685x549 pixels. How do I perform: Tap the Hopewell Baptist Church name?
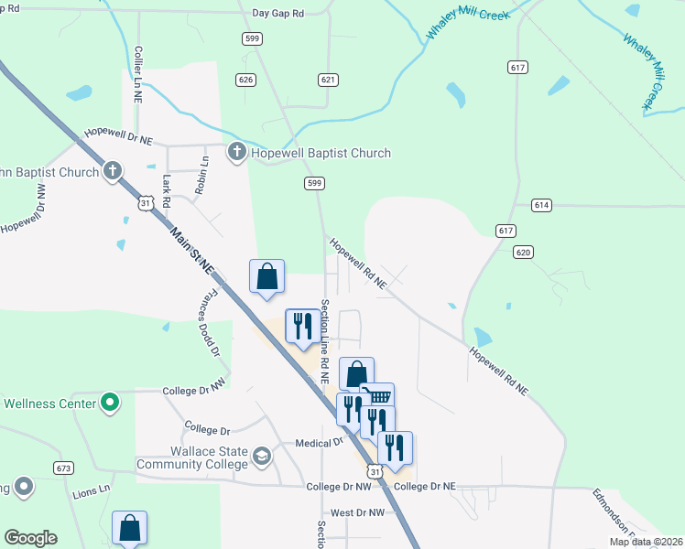(x=321, y=153)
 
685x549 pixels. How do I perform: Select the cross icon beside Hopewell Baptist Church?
(x=236, y=152)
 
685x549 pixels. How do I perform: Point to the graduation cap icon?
(x=262, y=455)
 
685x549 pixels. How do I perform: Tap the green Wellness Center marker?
(x=110, y=403)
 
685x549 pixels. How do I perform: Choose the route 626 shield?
(x=245, y=80)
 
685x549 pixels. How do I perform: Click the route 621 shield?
(x=328, y=80)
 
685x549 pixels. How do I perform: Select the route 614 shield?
(x=541, y=205)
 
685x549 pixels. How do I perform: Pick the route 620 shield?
(x=523, y=252)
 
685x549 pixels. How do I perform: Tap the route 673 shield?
(x=63, y=468)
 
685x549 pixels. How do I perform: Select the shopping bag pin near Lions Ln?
(x=129, y=527)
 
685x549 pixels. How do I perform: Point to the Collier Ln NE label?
(x=138, y=73)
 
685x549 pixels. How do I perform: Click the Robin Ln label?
(x=202, y=174)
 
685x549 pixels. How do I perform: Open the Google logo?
(x=30, y=538)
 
